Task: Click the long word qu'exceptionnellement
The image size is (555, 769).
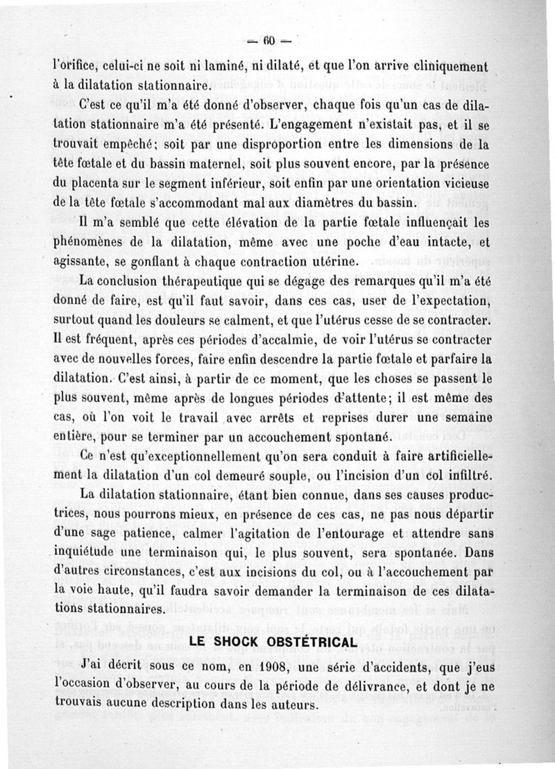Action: pos(189,458)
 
